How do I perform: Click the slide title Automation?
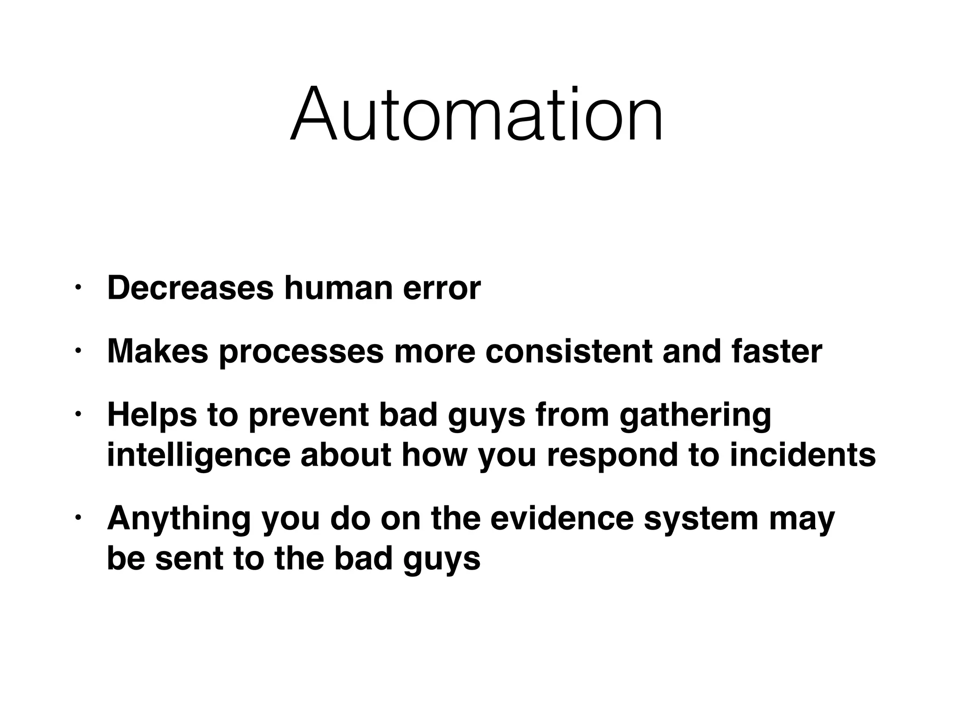click(x=477, y=114)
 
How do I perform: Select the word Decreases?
click(x=190, y=288)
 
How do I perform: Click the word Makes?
click(x=158, y=351)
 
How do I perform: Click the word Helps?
click(x=152, y=414)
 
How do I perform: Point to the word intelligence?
click(x=199, y=456)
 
